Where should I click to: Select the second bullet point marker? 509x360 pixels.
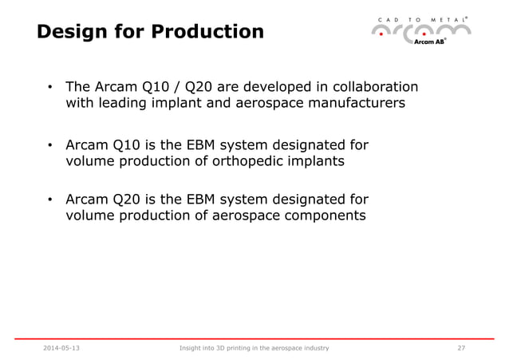[x=49, y=145]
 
